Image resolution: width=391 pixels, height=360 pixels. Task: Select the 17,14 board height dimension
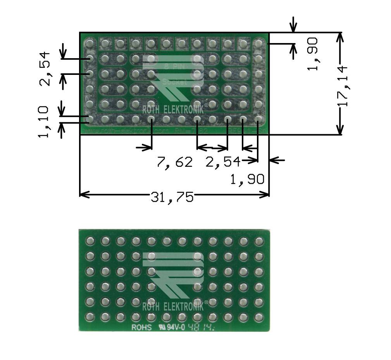[x=343, y=86]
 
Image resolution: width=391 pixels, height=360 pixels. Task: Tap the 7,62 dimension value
[x=174, y=162]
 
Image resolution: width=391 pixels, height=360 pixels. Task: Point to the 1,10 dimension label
[x=44, y=121]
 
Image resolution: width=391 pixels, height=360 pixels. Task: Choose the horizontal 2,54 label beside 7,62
[x=222, y=162]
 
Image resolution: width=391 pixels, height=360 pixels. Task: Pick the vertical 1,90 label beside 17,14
[x=312, y=54]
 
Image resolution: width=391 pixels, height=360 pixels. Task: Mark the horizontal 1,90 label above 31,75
[x=247, y=179]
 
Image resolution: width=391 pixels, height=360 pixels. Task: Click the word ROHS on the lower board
[x=140, y=327]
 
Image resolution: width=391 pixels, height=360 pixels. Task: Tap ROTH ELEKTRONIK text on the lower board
[x=174, y=306]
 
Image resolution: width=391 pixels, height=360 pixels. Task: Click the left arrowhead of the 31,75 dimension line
[x=83, y=194]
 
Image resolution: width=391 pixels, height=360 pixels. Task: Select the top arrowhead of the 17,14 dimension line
[x=340, y=36]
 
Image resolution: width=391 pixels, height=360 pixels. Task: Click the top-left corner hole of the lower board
[x=90, y=241]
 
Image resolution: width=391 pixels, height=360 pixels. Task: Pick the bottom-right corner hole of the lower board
[x=258, y=317]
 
